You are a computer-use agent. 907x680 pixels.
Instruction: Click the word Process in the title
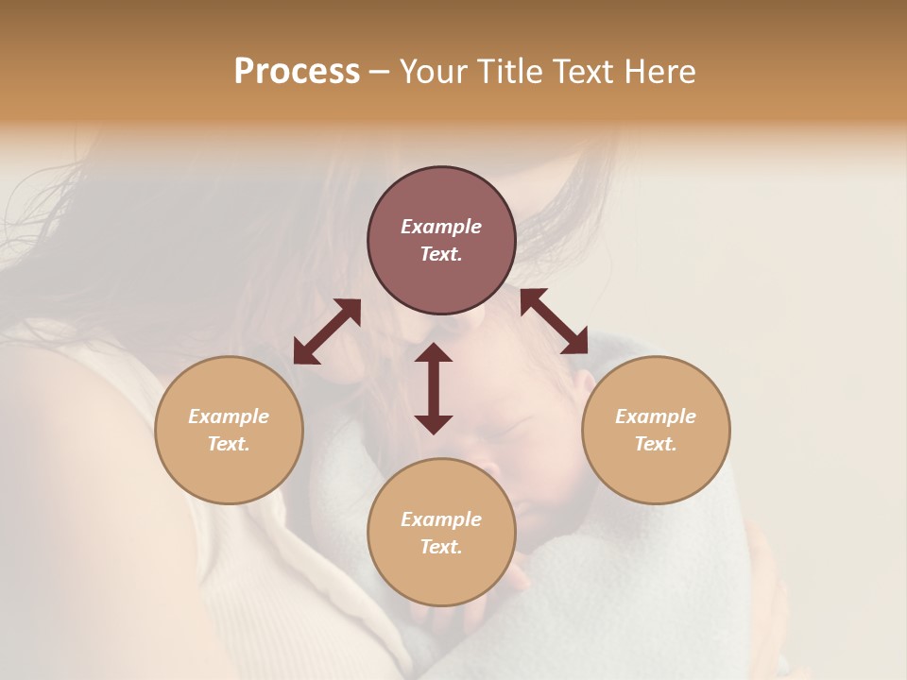click(297, 72)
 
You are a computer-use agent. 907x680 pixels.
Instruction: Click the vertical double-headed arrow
click(434, 388)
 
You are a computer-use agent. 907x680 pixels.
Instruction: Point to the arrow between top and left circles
click(327, 331)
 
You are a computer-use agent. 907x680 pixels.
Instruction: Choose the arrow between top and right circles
click(555, 321)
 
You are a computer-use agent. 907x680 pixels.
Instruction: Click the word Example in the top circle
click(441, 227)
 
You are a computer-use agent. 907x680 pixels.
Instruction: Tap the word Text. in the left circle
click(229, 444)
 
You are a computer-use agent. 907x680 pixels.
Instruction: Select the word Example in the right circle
click(656, 416)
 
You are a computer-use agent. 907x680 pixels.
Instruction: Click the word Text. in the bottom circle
click(441, 547)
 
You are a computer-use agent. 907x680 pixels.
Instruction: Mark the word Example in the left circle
click(229, 416)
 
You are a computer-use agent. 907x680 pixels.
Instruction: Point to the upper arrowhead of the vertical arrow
click(434, 352)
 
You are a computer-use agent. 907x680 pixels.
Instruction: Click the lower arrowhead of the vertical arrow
click(434, 424)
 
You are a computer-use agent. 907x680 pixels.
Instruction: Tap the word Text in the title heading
click(583, 72)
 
